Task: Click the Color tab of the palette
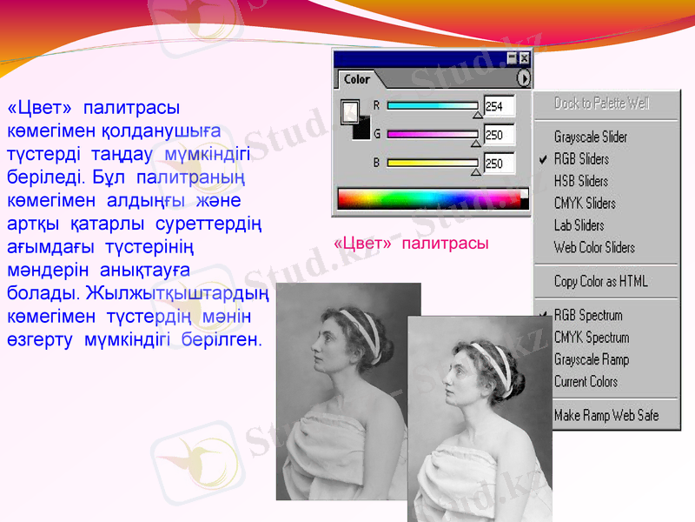coord(356,79)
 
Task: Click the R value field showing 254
coord(499,106)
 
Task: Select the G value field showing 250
coord(499,135)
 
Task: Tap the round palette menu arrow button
coord(523,78)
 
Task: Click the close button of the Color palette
coord(524,57)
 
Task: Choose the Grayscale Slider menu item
coord(591,137)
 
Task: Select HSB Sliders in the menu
coord(581,181)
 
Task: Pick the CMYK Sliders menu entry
coord(585,204)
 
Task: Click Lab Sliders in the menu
coord(579,225)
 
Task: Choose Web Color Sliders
coord(594,248)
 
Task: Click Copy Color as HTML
coord(600,281)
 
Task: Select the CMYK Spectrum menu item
coord(592,338)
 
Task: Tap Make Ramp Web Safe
coord(606,416)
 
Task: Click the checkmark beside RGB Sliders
coord(543,159)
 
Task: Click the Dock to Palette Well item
coord(601,104)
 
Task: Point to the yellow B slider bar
coord(432,162)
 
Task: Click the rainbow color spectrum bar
coord(431,198)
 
